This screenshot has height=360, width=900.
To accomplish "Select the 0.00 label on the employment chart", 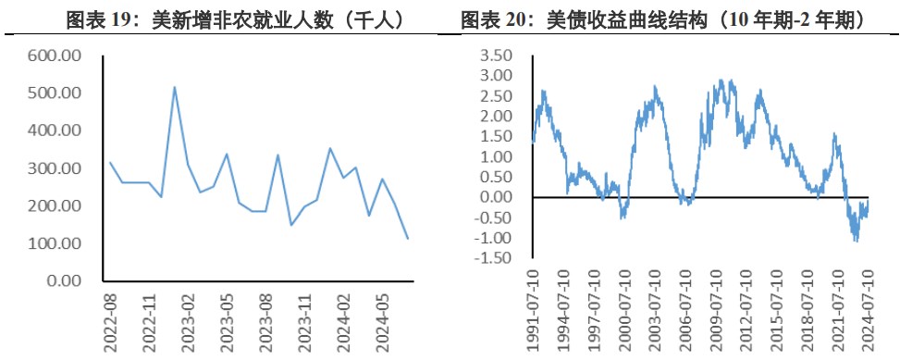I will (x=67, y=280).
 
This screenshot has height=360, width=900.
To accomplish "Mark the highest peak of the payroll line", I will (x=175, y=87).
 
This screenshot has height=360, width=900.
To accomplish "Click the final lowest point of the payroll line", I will (x=408, y=239).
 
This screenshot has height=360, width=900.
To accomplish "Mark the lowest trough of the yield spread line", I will (x=856, y=241).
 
